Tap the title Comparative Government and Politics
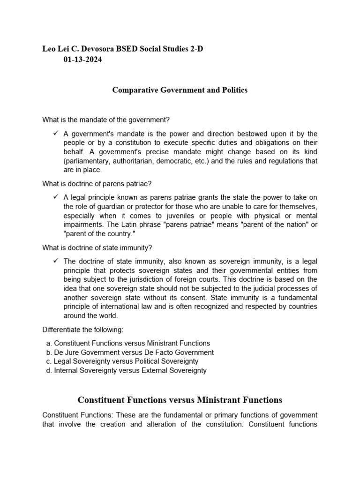coord(180,90)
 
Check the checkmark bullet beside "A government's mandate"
coord(56,134)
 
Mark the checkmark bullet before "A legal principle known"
coord(56,197)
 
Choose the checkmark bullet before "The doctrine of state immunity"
coord(56,261)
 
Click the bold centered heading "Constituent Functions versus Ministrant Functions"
coord(180,400)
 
